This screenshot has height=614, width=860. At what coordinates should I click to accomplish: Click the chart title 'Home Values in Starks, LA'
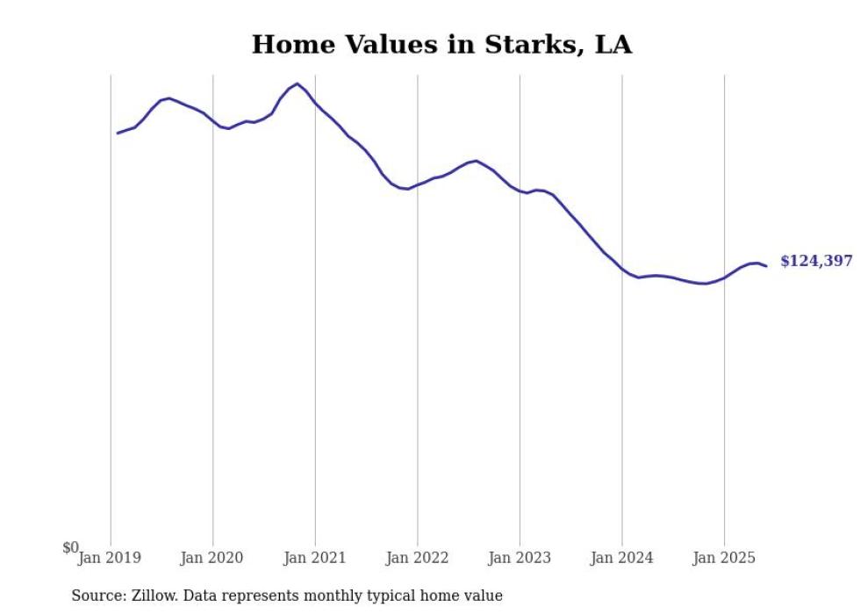441,45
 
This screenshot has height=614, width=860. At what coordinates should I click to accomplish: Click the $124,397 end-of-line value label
815,261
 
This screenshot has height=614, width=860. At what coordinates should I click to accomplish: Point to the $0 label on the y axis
70,548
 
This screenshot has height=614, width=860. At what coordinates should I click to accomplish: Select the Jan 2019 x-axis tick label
110,557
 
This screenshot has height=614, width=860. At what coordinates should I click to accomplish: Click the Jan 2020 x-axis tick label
211,557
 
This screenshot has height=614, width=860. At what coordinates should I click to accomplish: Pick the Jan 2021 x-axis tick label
314,557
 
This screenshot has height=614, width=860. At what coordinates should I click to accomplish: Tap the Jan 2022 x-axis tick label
417,557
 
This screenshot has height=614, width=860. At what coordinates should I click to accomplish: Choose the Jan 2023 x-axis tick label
520,557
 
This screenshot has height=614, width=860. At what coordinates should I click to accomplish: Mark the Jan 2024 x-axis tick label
622,557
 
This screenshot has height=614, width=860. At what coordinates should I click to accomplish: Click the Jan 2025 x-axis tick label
724,557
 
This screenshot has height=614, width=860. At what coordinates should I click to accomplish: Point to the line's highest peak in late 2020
297,83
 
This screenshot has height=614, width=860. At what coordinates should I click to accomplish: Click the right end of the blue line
766,266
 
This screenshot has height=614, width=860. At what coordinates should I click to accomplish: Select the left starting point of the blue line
118,134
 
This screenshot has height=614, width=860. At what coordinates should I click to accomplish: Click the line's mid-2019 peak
169,98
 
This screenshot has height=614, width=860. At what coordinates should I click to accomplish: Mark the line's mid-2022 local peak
476,161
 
